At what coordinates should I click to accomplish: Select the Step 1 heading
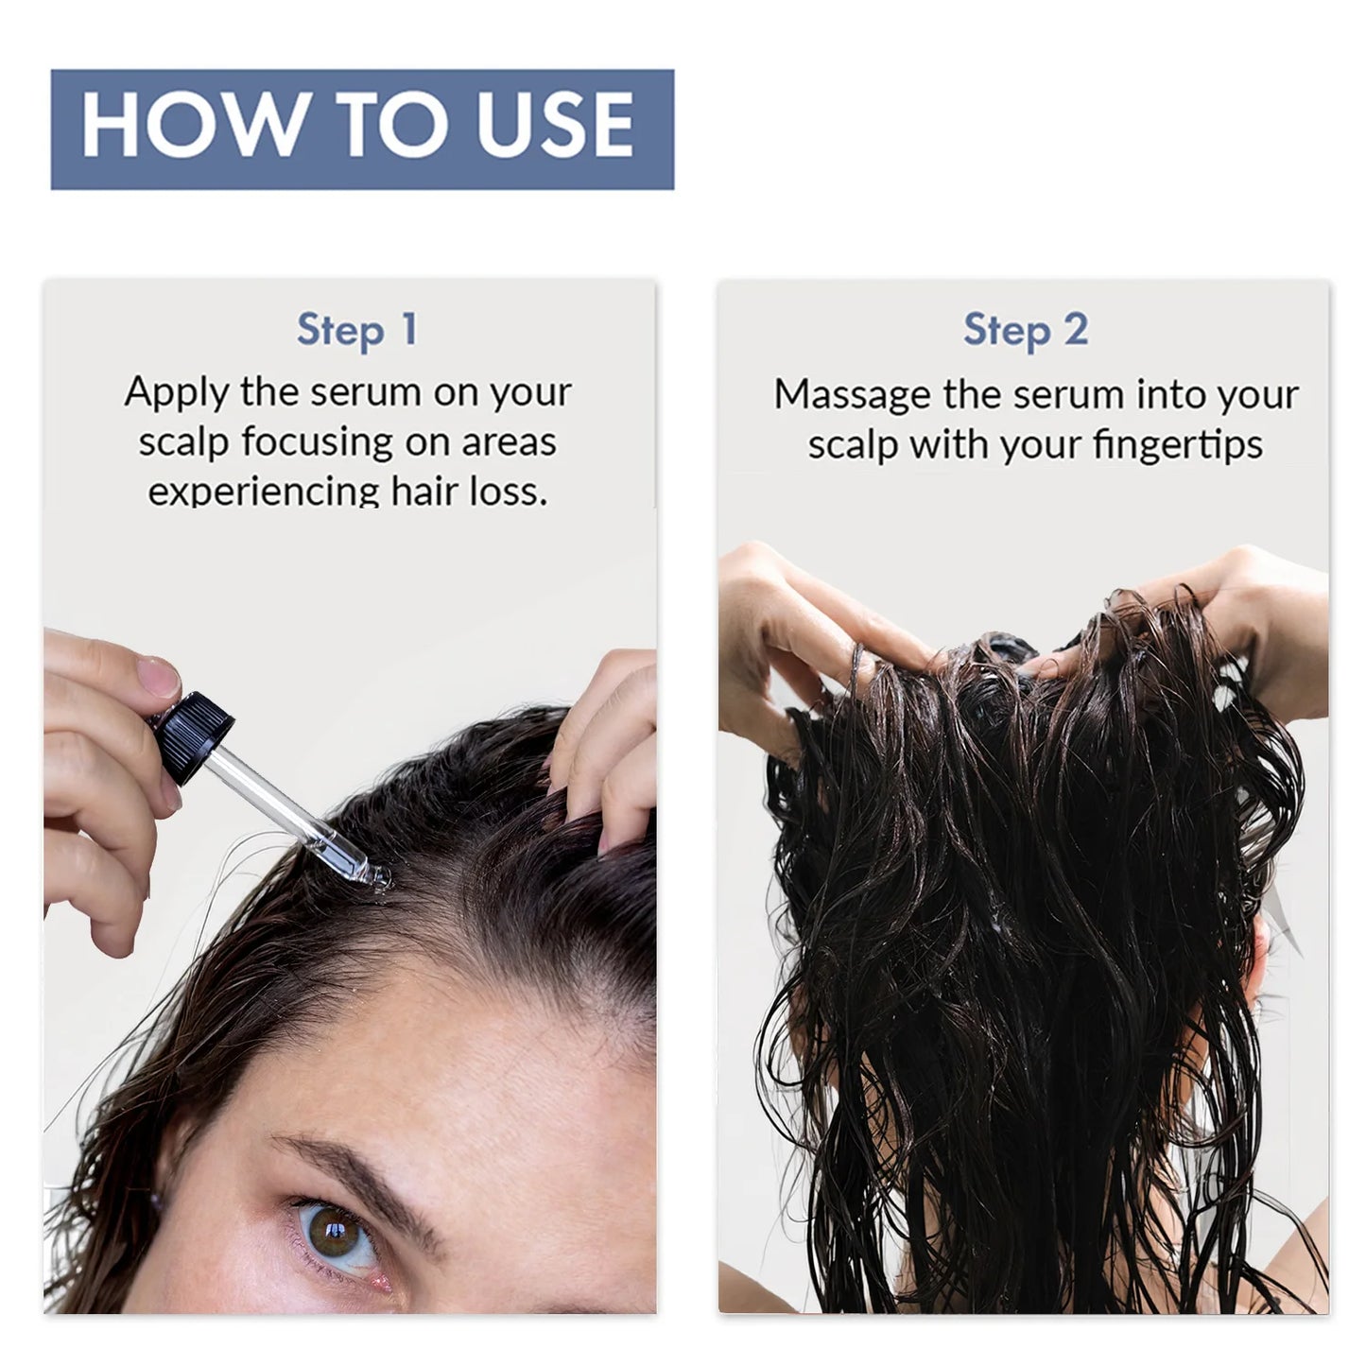356,330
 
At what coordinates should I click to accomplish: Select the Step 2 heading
1026,330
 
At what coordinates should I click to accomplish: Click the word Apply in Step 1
177,392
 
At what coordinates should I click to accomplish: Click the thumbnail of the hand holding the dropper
155,676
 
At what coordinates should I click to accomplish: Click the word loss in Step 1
516,492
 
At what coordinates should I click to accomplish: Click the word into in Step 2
1166,394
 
